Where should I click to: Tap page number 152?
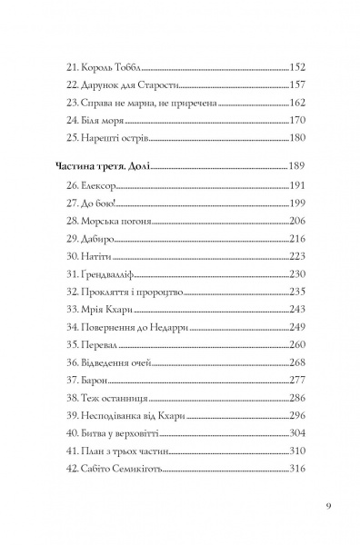click(x=298, y=68)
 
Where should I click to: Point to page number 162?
click(x=298, y=103)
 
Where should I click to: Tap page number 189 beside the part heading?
click(x=298, y=167)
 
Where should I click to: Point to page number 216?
click(x=298, y=238)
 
